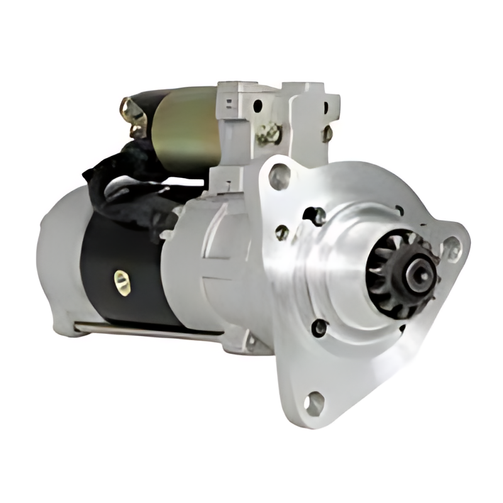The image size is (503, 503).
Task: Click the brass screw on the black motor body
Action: [119, 277]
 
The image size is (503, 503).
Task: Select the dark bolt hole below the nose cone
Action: [320, 328]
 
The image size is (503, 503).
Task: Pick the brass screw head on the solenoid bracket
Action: [269, 133]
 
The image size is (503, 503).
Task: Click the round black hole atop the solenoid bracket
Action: [258, 106]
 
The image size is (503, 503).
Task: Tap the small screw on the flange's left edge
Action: [282, 232]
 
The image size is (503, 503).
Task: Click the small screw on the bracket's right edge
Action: [327, 133]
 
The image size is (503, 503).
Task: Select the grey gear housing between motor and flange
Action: [214, 264]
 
